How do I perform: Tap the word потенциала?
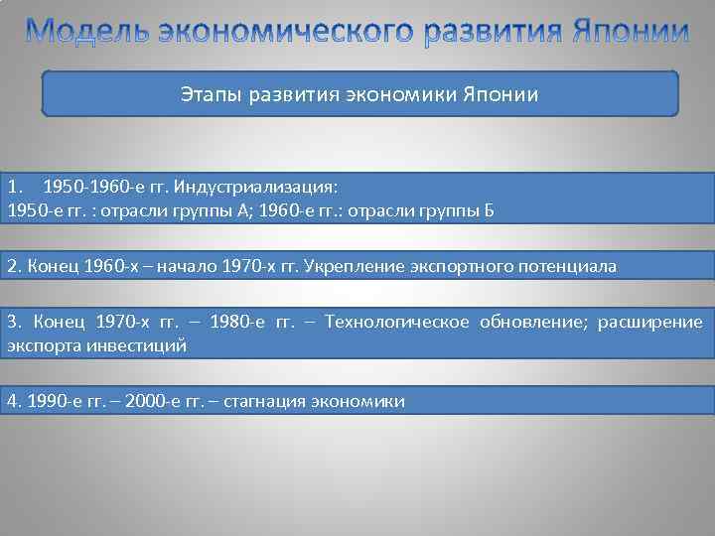[566, 267]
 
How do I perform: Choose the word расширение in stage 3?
[654, 323]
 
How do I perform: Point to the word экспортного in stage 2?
[444, 267]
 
